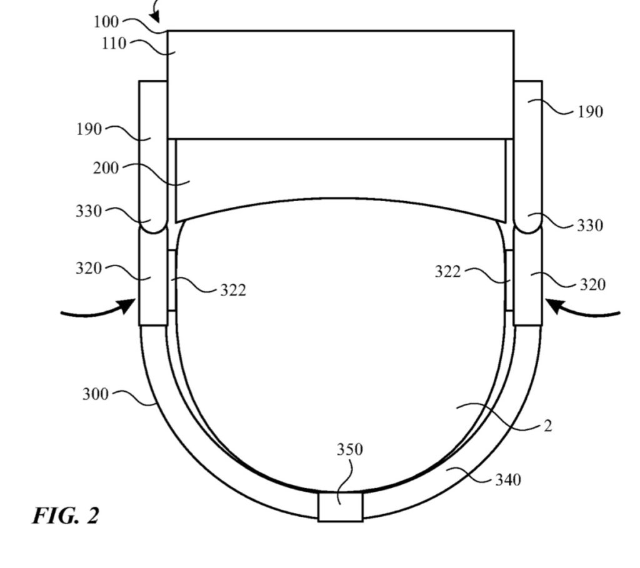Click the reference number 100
click(106, 22)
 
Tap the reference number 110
click(114, 43)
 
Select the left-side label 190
click(89, 130)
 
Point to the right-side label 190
click(589, 112)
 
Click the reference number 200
click(106, 168)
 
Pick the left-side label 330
click(89, 211)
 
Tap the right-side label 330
click(589, 225)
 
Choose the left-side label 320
click(89, 269)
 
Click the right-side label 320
click(592, 284)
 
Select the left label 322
click(232, 290)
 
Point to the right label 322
click(448, 271)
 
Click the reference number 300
click(96, 394)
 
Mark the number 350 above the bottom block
click(349, 449)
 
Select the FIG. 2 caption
click(66, 516)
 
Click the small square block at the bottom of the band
click(340, 506)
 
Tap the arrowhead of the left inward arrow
click(128, 306)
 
